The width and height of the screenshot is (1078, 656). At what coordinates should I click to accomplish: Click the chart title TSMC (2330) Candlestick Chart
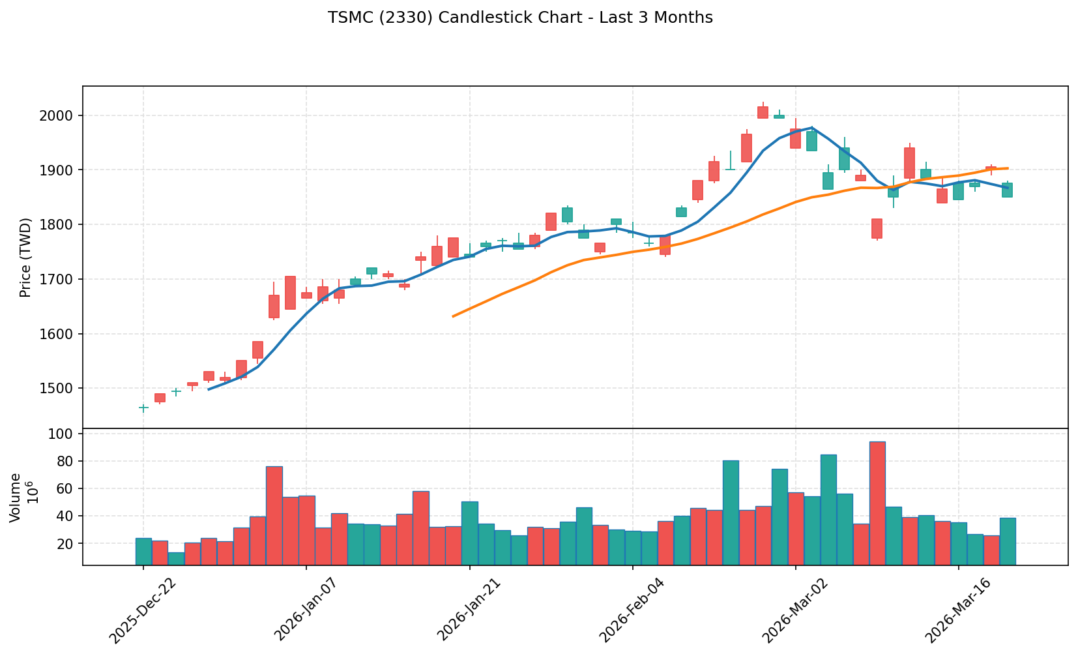click(x=520, y=18)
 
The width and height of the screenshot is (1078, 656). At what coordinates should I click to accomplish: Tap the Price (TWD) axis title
click(x=26, y=258)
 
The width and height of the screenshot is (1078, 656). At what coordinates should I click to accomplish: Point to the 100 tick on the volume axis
click(x=67, y=434)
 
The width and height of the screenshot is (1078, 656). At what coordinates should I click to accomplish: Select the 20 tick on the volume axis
click(x=70, y=543)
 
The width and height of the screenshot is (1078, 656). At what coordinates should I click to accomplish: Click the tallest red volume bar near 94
click(x=877, y=503)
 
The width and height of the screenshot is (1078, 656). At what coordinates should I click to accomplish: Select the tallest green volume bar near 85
click(x=828, y=509)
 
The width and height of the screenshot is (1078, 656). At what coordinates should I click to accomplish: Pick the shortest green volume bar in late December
click(x=176, y=558)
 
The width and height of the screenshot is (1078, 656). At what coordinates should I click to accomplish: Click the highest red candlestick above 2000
click(x=763, y=112)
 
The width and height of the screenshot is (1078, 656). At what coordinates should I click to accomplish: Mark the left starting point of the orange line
click(x=454, y=316)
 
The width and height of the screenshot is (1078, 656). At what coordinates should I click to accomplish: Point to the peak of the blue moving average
click(x=811, y=128)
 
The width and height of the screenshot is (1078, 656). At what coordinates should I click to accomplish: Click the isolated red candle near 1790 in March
click(x=877, y=228)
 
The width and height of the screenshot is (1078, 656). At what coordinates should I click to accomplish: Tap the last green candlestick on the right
click(x=1007, y=190)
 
